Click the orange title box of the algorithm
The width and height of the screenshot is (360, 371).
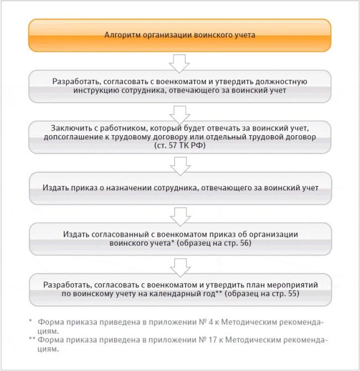179,35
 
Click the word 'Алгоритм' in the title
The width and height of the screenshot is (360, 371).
120,35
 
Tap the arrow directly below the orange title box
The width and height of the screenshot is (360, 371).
179,63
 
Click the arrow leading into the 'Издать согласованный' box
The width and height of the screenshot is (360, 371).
179,213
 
